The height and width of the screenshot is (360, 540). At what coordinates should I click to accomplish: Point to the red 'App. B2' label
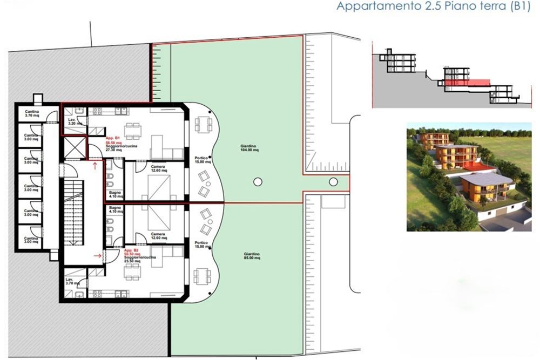coord(132,252)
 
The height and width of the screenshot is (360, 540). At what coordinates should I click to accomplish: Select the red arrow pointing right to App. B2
coord(98,256)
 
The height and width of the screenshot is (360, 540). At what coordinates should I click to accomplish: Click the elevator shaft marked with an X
coord(74,146)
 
